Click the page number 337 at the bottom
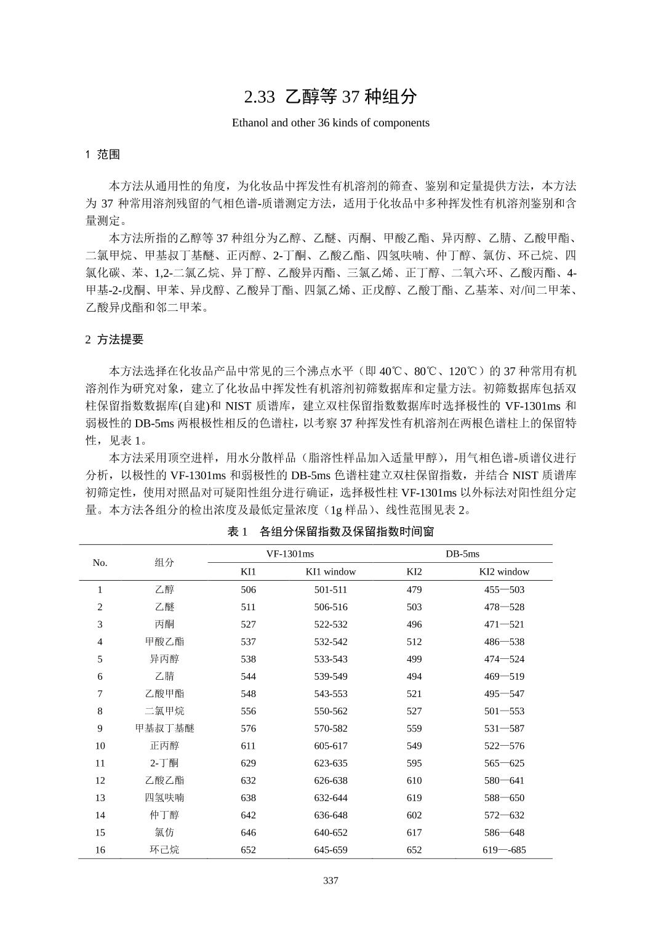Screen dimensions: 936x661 pos(330,881)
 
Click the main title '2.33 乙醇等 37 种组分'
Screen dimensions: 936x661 pos(330,97)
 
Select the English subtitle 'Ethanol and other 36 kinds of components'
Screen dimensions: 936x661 pos(330,123)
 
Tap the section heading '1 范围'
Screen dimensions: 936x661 pos(102,155)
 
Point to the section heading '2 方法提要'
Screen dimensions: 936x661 pos(114,339)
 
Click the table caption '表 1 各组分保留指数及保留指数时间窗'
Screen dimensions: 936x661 pos(330,531)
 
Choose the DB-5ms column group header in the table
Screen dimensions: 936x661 pos(462,554)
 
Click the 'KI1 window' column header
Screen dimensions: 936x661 pos(330,571)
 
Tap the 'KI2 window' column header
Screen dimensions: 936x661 pos(504,571)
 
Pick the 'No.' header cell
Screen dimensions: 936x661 pos(100,562)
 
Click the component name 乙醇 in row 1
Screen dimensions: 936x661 pos(164,589)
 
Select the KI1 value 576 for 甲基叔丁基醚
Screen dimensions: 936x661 pos(248,728)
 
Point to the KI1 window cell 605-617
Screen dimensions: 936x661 pos(330,746)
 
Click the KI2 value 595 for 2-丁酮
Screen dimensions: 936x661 pos(414,763)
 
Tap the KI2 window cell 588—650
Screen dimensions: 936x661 pos(504,797)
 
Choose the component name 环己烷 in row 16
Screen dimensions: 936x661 pos(164,850)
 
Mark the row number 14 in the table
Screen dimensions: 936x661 pos(100,815)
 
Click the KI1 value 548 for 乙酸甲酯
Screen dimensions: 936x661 pos(248,693)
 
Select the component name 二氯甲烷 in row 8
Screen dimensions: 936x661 pos(164,711)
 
